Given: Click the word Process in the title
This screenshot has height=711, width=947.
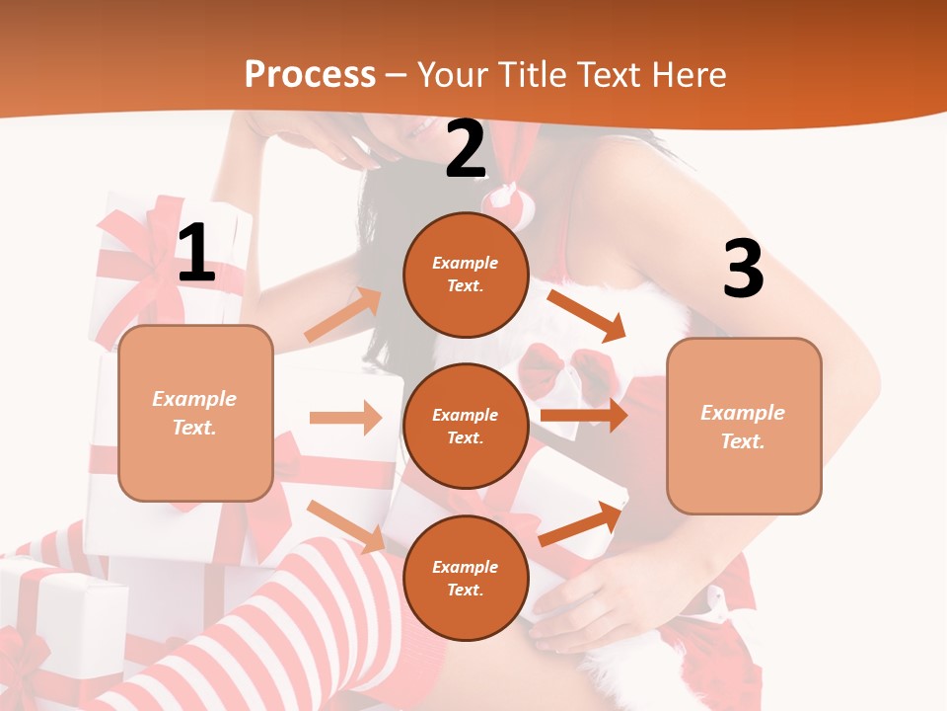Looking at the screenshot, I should click(x=310, y=74).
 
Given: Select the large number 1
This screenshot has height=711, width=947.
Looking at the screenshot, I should click(x=196, y=254).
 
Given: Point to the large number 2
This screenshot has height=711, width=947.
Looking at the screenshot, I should click(x=466, y=150).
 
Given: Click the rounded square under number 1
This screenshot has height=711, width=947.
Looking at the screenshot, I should click(x=195, y=413).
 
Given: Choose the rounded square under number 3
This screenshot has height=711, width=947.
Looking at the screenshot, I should click(x=744, y=426).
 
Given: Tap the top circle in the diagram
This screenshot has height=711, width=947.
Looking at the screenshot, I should click(x=466, y=274).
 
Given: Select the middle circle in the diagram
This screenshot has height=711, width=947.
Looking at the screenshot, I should click(x=466, y=426).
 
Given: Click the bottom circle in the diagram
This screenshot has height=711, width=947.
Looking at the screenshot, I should click(x=466, y=578).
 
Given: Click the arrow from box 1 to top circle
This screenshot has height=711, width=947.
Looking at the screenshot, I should click(x=343, y=314).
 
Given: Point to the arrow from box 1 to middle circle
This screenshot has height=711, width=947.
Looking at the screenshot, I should click(x=345, y=418).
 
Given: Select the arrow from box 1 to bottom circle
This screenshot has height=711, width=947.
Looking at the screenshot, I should click(x=345, y=525).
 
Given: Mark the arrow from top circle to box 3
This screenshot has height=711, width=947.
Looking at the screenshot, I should click(x=586, y=315).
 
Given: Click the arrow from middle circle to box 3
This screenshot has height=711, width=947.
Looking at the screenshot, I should click(x=584, y=415).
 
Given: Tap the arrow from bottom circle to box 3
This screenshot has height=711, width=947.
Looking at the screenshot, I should click(x=582, y=523).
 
